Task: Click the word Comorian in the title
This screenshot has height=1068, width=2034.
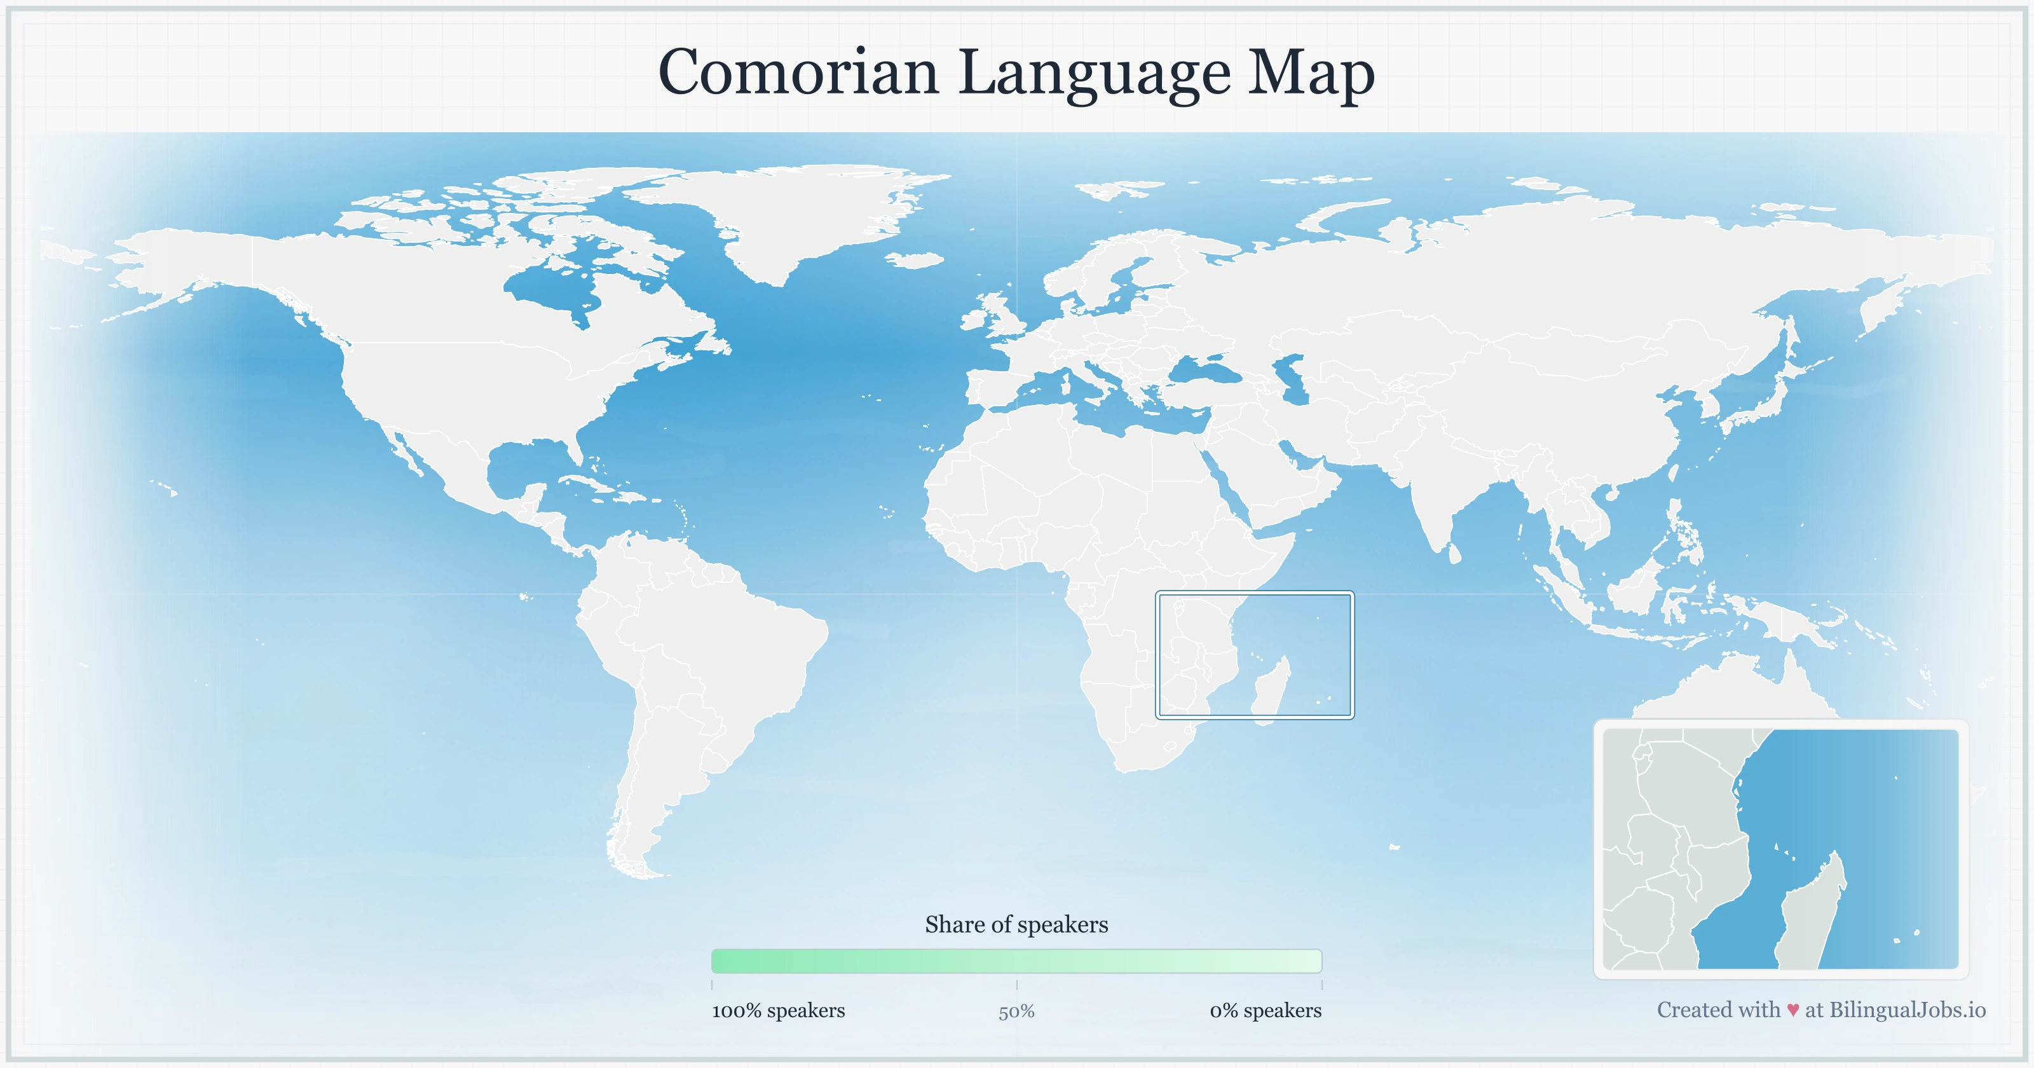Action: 798,72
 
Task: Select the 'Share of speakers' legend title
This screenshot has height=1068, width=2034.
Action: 1016,924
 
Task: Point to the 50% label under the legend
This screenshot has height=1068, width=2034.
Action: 1016,1012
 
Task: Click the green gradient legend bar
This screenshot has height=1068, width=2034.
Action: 1016,961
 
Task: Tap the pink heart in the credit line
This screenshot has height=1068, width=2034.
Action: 1792,1010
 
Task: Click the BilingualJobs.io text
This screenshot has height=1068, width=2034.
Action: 1907,1010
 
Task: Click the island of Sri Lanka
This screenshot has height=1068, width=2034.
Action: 1455,554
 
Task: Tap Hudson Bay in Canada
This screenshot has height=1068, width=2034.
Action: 553,289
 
